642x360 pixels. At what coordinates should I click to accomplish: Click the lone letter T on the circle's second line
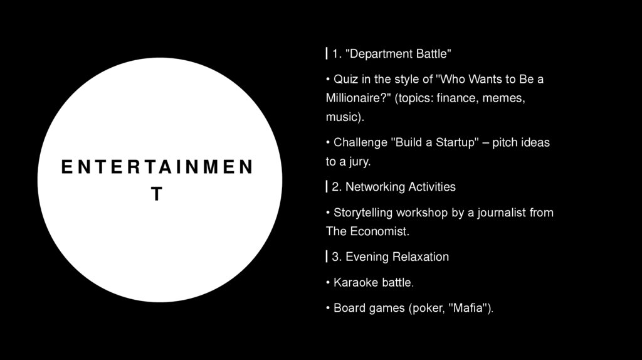[157, 194]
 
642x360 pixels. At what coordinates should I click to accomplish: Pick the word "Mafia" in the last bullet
[471, 309]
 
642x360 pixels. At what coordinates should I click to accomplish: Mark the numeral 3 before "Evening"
[335, 257]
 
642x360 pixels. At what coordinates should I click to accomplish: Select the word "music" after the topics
[342, 117]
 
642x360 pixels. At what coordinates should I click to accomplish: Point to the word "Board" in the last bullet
[348, 309]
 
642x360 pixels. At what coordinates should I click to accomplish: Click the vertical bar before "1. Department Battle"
[327, 54]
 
